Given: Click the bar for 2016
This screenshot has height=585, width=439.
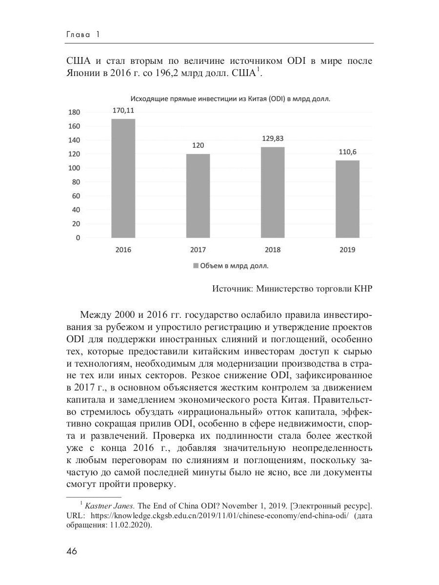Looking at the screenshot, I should point(123,178).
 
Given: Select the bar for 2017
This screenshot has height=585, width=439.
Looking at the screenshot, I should point(198,196).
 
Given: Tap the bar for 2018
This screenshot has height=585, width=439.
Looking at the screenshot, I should point(272,193).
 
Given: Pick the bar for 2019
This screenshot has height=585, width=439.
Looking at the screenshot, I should point(347,199).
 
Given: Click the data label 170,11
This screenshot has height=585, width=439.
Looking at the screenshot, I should point(123,111).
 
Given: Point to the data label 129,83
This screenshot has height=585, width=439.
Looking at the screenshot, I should point(272,138).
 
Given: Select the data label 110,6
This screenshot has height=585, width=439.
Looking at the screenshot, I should point(347,152).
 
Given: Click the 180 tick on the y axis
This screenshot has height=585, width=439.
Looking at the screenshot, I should point(74,112).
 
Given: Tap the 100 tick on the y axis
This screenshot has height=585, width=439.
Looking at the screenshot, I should point(74,168).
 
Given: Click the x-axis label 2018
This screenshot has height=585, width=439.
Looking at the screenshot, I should point(272,250).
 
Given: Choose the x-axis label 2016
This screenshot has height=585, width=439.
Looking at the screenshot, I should point(123,250).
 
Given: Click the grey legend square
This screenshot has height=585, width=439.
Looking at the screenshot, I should point(196,266).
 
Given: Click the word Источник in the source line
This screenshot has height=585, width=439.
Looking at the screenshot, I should point(231,289).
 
